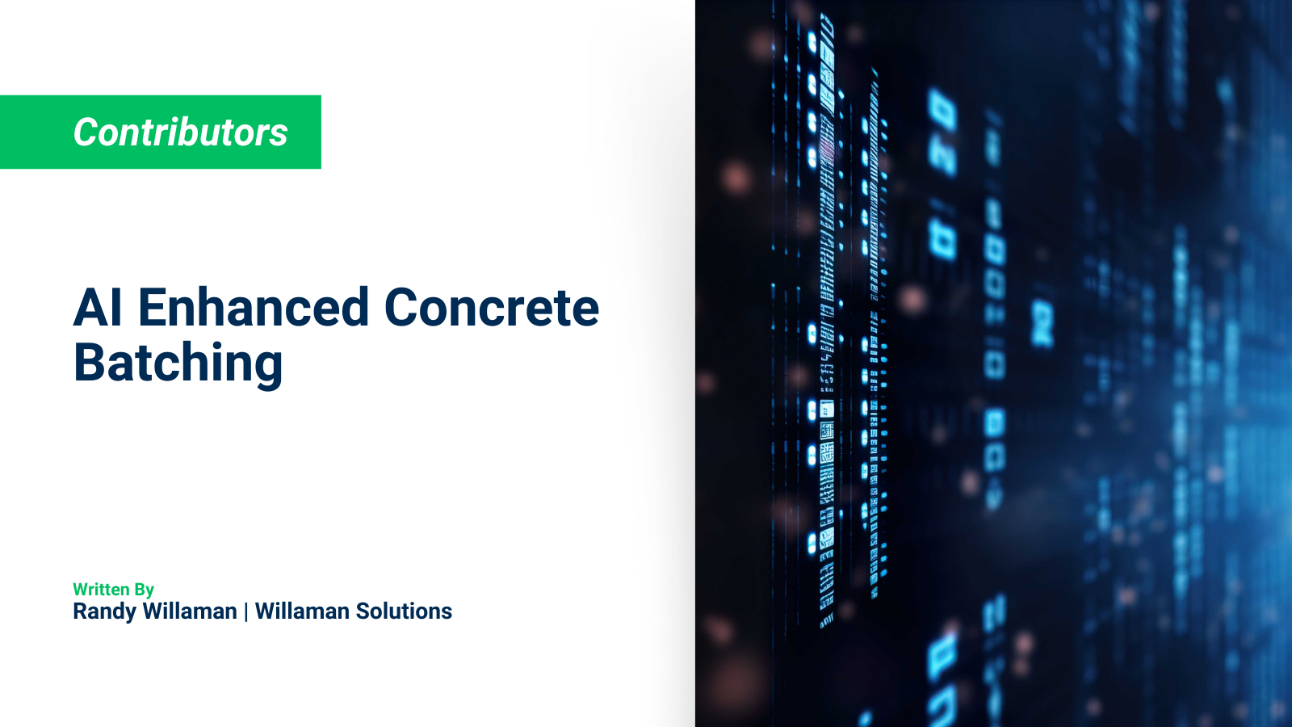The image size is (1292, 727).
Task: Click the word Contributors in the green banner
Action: [x=180, y=132]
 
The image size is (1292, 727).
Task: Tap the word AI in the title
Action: [x=98, y=308]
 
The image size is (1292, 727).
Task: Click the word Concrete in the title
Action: [x=491, y=308]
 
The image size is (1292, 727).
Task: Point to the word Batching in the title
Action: [x=178, y=363]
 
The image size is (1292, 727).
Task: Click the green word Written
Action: [x=101, y=590]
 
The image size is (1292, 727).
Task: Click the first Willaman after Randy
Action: [x=190, y=611]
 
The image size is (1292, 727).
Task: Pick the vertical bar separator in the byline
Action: [x=246, y=612]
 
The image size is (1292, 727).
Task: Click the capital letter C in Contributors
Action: [x=86, y=132]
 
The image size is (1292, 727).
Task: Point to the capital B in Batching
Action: [x=89, y=363]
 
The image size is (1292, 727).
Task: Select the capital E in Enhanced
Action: [x=153, y=308]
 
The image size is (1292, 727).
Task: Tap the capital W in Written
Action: [x=81, y=590]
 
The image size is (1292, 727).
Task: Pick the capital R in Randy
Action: [x=79, y=611]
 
